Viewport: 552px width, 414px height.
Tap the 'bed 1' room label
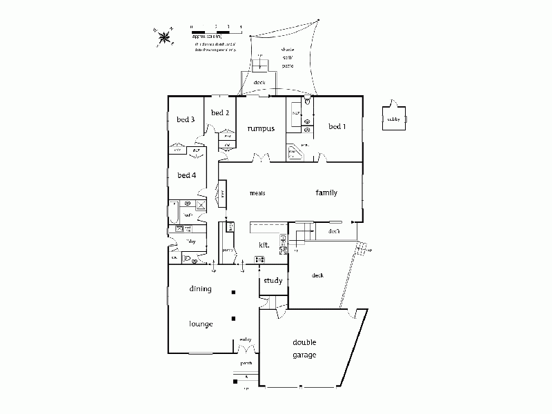pos(337,126)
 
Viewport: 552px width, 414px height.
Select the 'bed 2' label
pos(219,112)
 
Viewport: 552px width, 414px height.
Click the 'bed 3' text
pos(185,119)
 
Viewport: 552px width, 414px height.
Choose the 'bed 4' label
pos(187,175)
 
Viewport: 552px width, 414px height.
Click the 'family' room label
pos(326,193)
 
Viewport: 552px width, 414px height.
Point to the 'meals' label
pos(258,193)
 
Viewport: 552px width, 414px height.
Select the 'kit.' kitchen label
pos(264,244)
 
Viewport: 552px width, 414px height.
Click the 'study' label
pos(273,281)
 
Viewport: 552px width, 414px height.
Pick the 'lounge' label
pos(201,323)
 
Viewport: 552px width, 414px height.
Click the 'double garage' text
pos(304,348)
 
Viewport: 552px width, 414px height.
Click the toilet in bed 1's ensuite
pos(307,106)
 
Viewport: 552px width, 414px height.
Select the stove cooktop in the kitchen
pos(260,259)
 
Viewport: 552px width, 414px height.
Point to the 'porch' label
pos(246,363)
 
